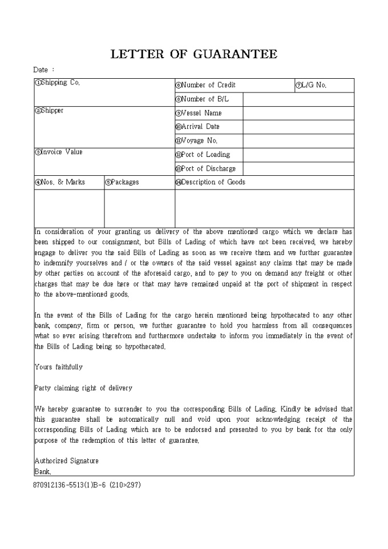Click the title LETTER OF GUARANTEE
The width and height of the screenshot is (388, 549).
pyautogui.click(x=193, y=54)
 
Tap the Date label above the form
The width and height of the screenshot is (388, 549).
pyautogui.click(x=44, y=70)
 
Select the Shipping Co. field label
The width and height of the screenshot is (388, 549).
pyautogui.click(x=58, y=83)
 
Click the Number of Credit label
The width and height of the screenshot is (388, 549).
pyautogui.click(x=205, y=85)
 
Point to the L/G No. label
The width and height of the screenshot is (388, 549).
pyautogui.click(x=311, y=85)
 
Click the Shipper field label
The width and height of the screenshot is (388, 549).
pyautogui.click(x=50, y=111)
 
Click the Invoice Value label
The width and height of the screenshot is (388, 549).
pyautogui.click(x=59, y=152)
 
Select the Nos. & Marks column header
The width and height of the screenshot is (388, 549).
pyautogui.click(x=60, y=183)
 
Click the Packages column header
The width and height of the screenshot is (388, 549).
pyautogui.click(x=122, y=183)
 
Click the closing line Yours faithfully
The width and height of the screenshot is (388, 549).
pyautogui.click(x=59, y=367)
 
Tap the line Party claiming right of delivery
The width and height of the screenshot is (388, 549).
pyautogui.click(x=83, y=388)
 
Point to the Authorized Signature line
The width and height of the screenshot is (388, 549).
pyautogui.click(x=67, y=461)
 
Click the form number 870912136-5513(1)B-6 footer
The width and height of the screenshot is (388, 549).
pyautogui.click(x=87, y=485)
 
